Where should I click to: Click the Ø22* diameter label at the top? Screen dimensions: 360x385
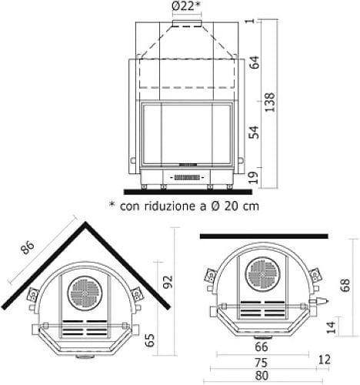click(186, 6)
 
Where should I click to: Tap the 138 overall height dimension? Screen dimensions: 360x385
click(270, 102)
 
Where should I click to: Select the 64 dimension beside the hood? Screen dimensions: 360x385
click(254, 62)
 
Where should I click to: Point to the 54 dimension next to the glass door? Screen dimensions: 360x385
click(254, 132)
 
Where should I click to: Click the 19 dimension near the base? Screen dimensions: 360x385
click(254, 178)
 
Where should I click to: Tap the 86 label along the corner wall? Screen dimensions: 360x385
click(28, 247)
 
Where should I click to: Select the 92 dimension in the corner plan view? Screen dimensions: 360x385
click(168, 282)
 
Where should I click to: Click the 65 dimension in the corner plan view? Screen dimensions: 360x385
click(150, 340)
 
